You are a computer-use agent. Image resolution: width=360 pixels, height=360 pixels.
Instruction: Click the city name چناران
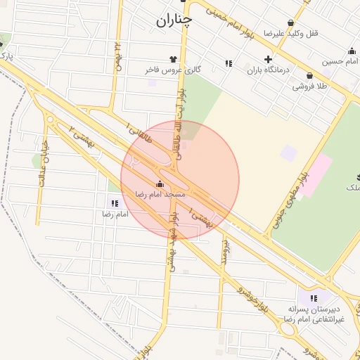click(173, 21)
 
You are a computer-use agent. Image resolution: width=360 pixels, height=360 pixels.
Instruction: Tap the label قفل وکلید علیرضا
click(285, 33)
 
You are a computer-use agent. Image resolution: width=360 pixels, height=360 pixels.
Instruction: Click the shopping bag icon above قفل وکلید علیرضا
click(291, 23)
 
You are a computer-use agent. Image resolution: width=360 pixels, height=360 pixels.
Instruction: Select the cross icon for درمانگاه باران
click(267, 60)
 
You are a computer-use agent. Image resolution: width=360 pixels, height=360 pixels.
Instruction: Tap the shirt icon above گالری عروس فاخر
click(173, 59)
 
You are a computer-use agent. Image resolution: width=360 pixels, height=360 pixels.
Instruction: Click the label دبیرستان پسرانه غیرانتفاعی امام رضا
click(311, 314)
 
